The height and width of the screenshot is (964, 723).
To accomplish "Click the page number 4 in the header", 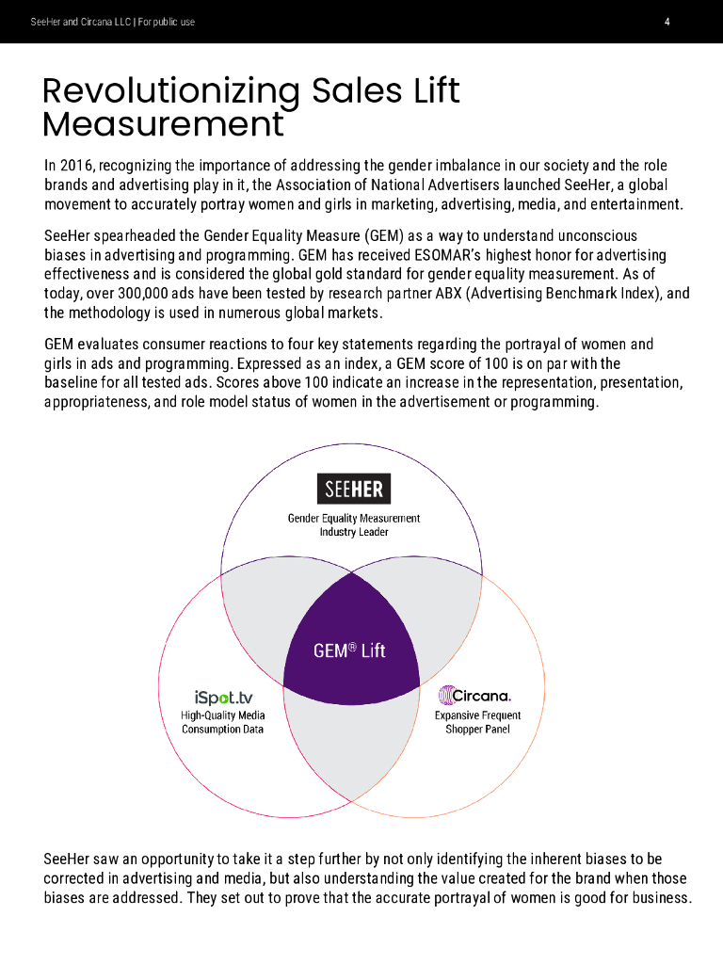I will pos(667,22).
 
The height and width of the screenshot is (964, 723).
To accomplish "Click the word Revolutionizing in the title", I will pos(169,91).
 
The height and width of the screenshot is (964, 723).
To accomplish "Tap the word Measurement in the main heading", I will pos(163,124).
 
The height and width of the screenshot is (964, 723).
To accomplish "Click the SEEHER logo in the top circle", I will pos(353,490).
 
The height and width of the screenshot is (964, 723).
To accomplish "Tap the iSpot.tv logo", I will pos(223,698).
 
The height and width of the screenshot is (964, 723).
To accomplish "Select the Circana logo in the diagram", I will pos(475,696).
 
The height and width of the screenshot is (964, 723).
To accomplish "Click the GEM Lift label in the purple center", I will pos(349,651).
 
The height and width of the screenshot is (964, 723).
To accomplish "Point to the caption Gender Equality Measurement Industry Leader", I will pos(353,525).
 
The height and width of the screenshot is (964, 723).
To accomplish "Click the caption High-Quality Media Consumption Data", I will pos(223,723).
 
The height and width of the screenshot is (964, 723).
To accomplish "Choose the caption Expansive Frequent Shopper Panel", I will pos(477,723).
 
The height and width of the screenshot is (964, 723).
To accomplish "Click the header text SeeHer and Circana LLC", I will pos(81,22).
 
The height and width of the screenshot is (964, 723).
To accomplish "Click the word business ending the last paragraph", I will pos(658,898).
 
